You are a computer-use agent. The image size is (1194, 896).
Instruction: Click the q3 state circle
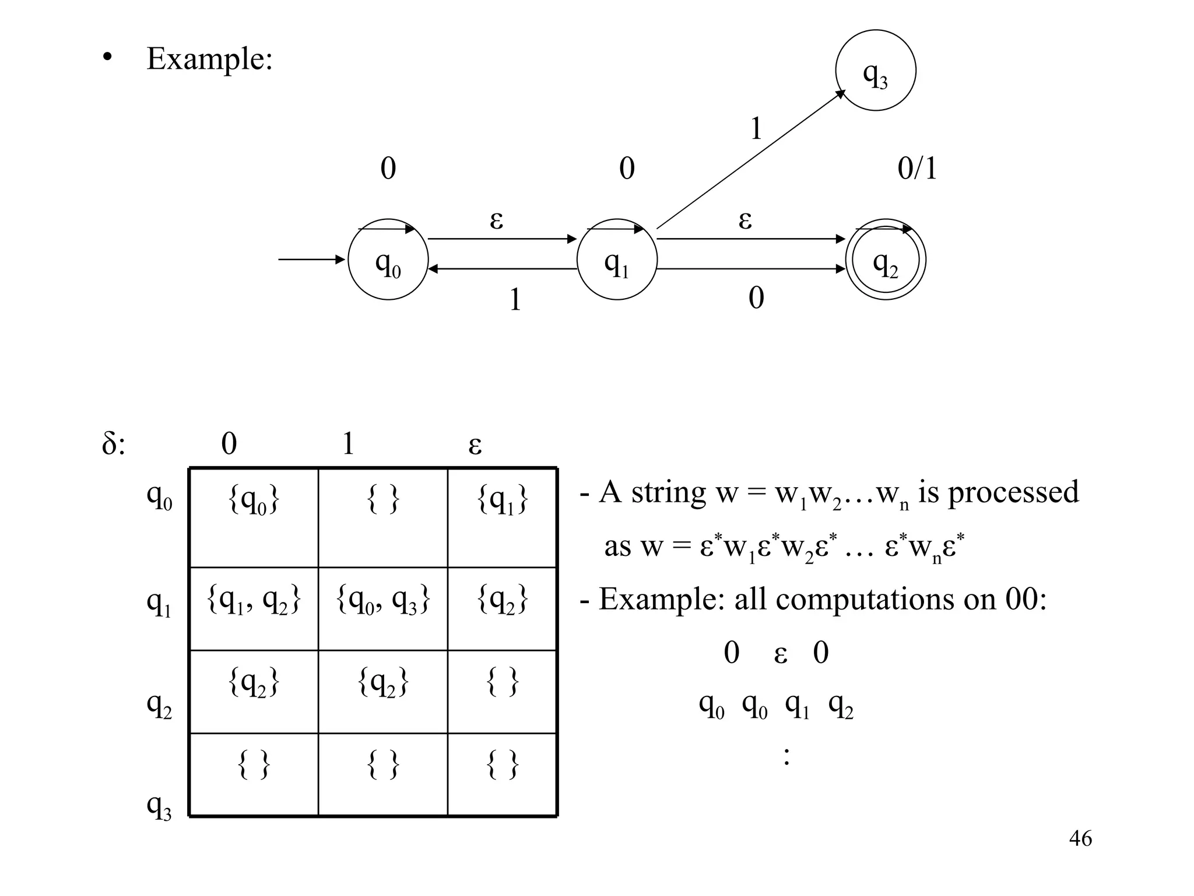tap(875, 70)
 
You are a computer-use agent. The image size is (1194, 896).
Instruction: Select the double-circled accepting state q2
tap(886, 260)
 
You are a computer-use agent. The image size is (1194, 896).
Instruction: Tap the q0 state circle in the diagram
tap(388, 260)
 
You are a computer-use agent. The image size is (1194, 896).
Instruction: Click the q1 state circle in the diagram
tap(617, 260)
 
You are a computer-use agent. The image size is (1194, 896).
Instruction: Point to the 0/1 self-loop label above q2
tap(917, 169)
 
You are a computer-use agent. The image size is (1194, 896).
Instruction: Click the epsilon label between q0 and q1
tap(496, 220)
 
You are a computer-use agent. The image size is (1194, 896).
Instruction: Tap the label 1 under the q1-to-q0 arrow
tap(515, 300)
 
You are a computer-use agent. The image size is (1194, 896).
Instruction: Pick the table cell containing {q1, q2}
tap(254, 601)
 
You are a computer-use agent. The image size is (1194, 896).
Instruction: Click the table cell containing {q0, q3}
tap(383, 601)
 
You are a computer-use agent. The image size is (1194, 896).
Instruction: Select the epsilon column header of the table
tap(475, 444)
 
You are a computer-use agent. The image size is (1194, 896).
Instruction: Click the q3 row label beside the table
tap(159, 807)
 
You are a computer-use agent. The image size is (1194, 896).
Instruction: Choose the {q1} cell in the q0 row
tap(502, 501)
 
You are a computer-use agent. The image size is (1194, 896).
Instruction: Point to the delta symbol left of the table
tap(113, 444)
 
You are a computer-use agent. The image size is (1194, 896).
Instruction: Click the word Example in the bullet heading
tap(209, 59)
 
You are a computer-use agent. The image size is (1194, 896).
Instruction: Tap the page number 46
tap(1080, 838)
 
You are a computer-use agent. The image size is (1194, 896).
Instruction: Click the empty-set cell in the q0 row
tap(383, 501)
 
